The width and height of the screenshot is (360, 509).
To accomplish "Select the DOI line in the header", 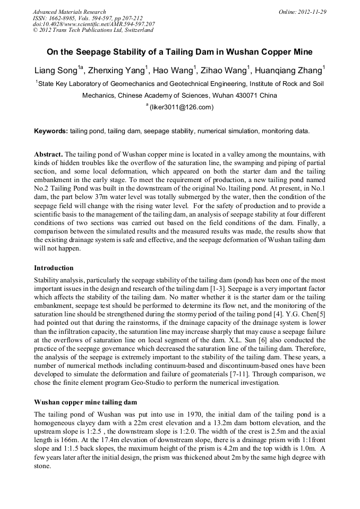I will pyautogui.click(x=94, y=24).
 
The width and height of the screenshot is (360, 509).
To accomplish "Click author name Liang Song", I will pyautogui.click(x=56, y=71).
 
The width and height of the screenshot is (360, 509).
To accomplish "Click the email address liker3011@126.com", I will pyautogui.click(x=181, y=107).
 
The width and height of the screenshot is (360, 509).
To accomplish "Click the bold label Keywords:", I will pyautogui.click(x=51, y=131).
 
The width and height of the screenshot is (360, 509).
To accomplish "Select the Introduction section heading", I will pyautogui.click(x=54, y=268).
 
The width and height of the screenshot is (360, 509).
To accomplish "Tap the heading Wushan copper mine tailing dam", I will pyautogui.click(x=83, y=402).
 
